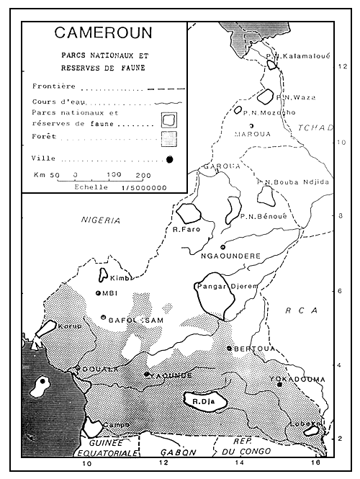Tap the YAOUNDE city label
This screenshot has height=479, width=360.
[x=173, y=375]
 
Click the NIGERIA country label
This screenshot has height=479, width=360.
[x=101, y=220]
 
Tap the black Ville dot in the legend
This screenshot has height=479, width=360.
[x=169, y=159]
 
